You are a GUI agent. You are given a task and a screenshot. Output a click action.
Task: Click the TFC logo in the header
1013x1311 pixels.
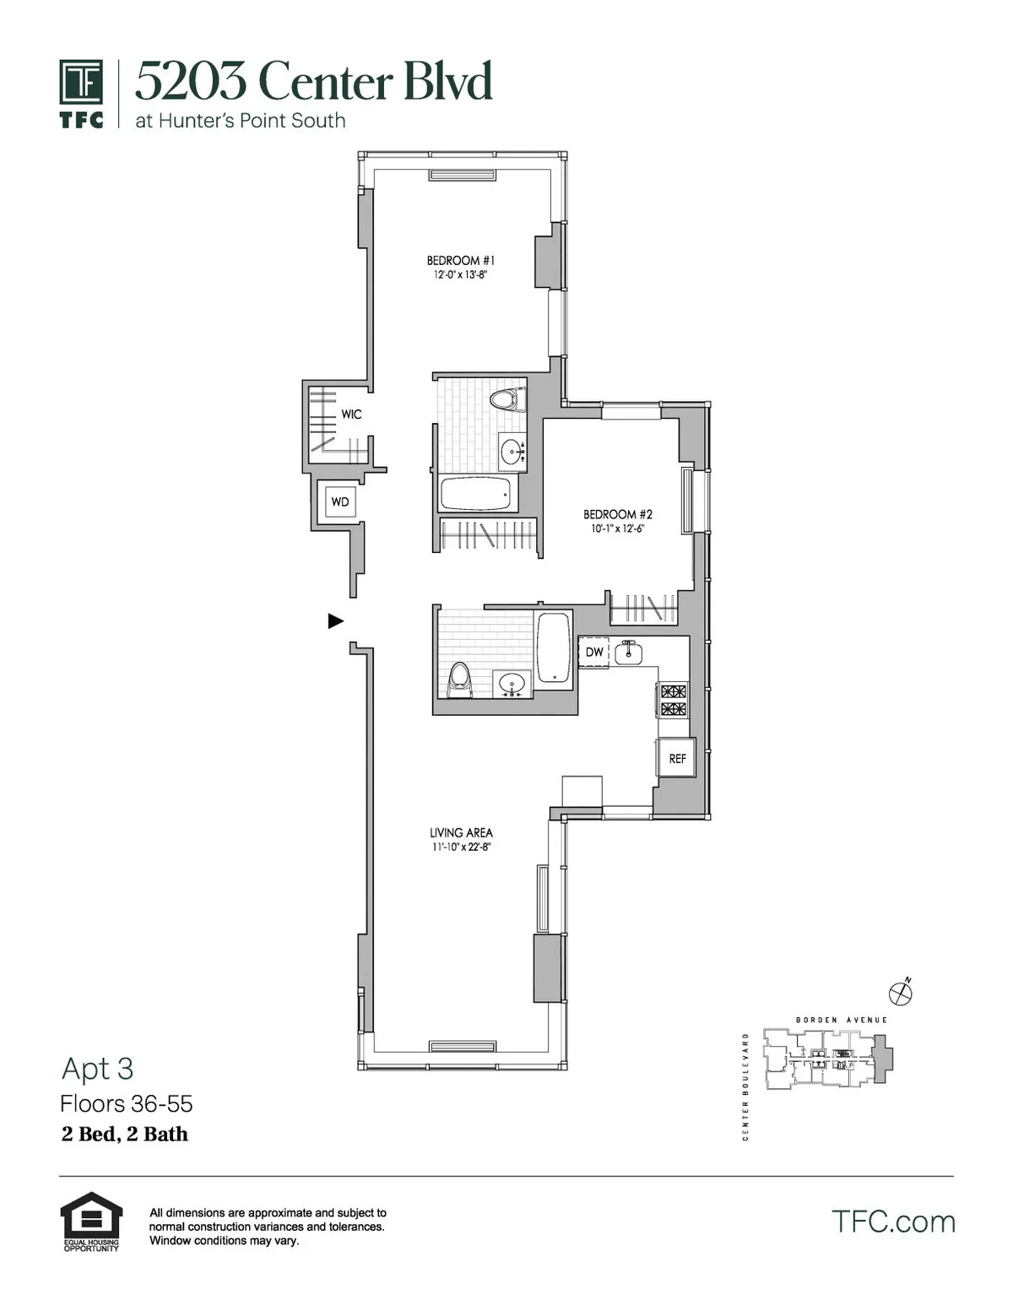pyautogui.click(x=82, y=93)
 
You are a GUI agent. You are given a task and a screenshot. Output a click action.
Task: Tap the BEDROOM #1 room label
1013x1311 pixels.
pyautogui.click(x=460, y=261)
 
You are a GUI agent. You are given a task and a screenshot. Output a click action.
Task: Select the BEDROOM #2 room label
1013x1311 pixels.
pyautogui.click(x=618, y=514)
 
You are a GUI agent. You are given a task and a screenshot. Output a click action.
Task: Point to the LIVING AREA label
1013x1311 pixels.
pyautogui.click(x=461, y=832)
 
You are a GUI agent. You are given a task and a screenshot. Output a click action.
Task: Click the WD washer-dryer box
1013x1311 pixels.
pyautogui.click(x=339, y=502)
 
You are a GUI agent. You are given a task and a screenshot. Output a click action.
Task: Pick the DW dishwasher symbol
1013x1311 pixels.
pyautogui.click(x=594, y=652)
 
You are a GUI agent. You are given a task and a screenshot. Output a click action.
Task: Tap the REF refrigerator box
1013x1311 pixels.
pyautogui.click(x=677, y=758)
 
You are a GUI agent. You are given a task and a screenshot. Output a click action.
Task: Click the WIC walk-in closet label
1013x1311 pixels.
pyautogui.click(x=351, y=414)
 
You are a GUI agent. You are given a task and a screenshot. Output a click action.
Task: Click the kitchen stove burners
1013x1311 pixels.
pyautogui.click(x=673, y=700)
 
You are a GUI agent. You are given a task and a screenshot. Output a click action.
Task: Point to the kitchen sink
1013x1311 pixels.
pyautogui.click(x=628, y=652)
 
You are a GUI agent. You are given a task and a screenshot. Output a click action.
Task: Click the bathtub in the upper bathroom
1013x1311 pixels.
pyautogui.click(x=478, y=494)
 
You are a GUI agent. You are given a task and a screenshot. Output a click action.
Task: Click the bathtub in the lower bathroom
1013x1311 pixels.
pyautogui.click(x=554, y=647)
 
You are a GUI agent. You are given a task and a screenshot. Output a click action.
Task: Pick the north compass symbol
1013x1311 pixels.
pyautogui.click(x=901, y=992)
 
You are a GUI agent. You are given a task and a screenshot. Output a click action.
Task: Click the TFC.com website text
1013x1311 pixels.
pyautogui.click(x=893, y=1222)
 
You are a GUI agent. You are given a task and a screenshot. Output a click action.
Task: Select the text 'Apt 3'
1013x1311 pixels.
pyautogui.click(x=97, y=1069)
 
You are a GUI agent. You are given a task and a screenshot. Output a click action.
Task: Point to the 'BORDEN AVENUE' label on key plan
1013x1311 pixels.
pyautogui.click(x=842, y=1020)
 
